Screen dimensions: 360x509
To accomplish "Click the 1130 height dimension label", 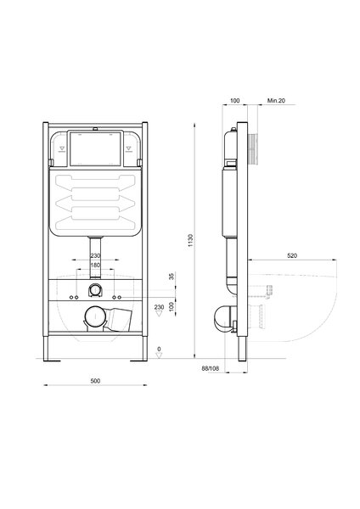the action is [x=190, y=240].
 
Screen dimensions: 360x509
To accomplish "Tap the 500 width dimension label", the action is [x=95, y=381].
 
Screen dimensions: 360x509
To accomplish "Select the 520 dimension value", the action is [x=292, y=256].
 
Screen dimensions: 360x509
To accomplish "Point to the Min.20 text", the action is [x=276, y=101].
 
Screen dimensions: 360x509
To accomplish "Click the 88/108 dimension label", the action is [x=211, y=368].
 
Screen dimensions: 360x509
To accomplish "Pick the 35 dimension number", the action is [x=172, y=277].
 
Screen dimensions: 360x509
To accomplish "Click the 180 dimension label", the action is [x=95, y=266].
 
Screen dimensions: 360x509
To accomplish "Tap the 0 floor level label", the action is [x=159, y=349].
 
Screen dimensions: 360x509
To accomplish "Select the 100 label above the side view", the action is [x=235, y=101].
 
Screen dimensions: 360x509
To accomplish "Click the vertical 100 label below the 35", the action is [x=172, y=306].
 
